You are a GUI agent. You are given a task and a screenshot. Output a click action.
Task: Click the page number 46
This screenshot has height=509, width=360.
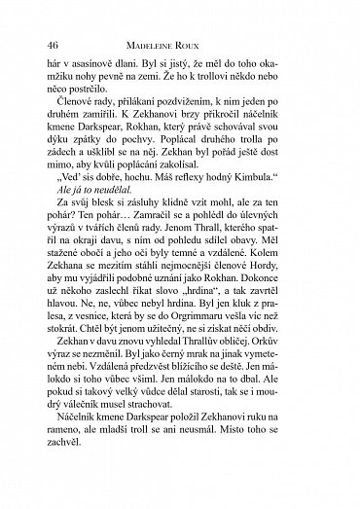52,45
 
